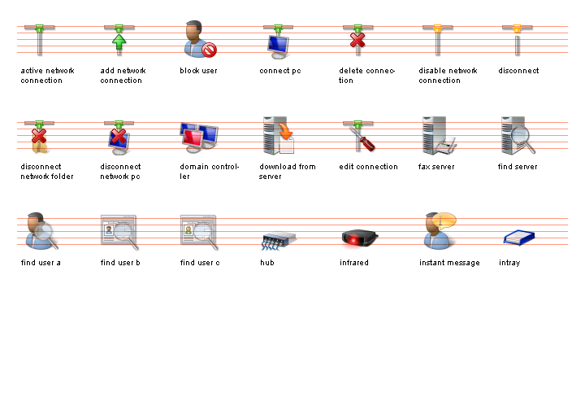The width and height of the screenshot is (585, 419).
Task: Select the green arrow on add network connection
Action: point(119,41)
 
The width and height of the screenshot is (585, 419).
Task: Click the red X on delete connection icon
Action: point(357,39)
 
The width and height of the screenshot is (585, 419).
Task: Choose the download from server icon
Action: point(278,136)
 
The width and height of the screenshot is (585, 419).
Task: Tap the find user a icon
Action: point(40,231)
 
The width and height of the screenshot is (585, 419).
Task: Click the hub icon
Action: point(278,239)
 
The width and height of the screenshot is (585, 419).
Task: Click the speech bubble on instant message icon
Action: point(445,220)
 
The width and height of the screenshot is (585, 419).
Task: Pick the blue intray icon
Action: point(518,238)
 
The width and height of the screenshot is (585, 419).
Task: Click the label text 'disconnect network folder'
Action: point(46,171)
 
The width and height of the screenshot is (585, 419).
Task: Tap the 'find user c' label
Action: point(200,263)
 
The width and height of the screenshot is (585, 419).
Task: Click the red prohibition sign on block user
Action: point(210,50)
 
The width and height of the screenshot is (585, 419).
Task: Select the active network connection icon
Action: point(40,40)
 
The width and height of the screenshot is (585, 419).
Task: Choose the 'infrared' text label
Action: point(354,263)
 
